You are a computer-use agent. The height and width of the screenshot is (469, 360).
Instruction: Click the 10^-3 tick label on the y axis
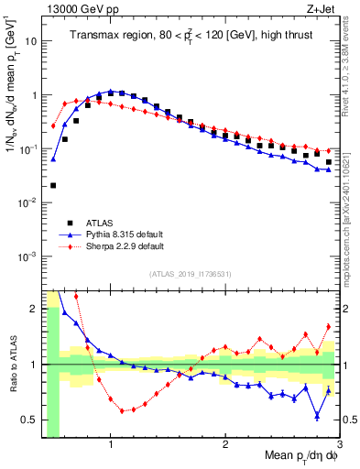27,256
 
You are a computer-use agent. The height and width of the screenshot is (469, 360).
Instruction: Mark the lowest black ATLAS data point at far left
53,185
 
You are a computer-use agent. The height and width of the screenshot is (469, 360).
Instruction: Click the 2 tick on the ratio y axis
32,309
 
